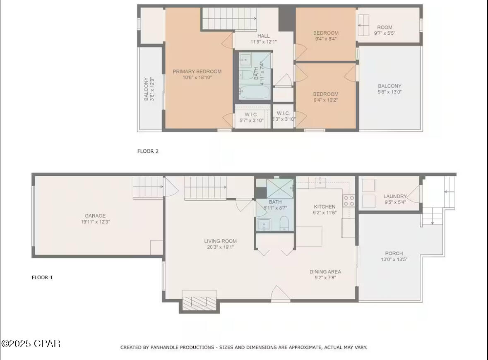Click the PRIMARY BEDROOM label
coord(197,71)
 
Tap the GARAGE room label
coord(95,216)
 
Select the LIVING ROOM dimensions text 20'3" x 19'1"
coord(220,247)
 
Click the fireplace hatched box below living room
coord(200,301)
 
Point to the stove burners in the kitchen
coord(349,201)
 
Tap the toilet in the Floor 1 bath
coord(284,223)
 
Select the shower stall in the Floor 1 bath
coord(280,188)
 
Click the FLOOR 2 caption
coord(148,151)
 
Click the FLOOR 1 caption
coord(42,277)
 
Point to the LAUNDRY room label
coord(395,196)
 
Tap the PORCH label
coord(394,253)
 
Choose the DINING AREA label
coord(325,272)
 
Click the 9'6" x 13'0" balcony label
coord(389,92)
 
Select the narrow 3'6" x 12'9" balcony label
coord(149,89)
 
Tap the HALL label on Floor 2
coord(263,36)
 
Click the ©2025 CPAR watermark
coord(31,343)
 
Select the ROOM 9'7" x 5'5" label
coord(385,27)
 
